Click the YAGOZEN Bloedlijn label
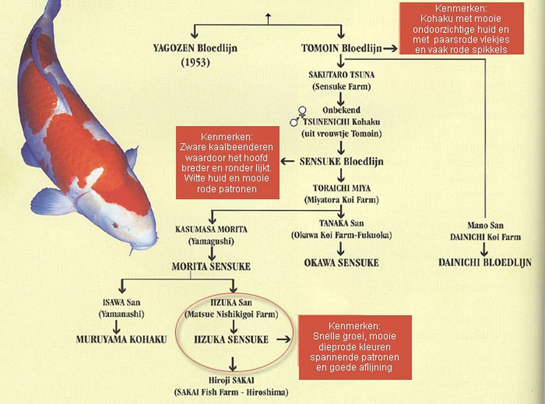pyautogui.click(x=195, y=48)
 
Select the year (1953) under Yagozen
pyautogui.click(x=195, y=63)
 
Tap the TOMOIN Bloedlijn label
pyautogui.click(x=341, y=48)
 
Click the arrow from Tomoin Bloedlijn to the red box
pyautogui.click(x=390, y=49)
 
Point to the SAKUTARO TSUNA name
pyautogui.click(x=341, y=75)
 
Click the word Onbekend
pyautogui.click(x=341, y=110)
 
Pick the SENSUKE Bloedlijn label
pyautogui.click(x=341, y=161)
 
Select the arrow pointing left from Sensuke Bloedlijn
pyautogui.click(x=287, y=161)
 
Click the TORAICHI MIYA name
pyautogui.click(x=341, y=188)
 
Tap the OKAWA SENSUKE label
pyautogui.click(x=341, y=263)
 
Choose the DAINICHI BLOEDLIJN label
pyautogui.click(x=485, y=262)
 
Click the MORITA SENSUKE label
pyautogui.click(x=211, y=267)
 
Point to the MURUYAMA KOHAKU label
pyautogui.click(x=122, y=339)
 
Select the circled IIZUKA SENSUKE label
pyautogui.click(x=231, y=339)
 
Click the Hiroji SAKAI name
pyautogui.click(x=231, y=381)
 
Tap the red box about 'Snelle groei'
pyautogui.click(x=355, y=347)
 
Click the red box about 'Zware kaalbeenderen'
pyautogui.click(x=227, y=162)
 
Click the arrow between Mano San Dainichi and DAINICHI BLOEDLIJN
pyautogui.click(x=484, y=249)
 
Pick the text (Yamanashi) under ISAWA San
pyautogui.click(x=122, y=314)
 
